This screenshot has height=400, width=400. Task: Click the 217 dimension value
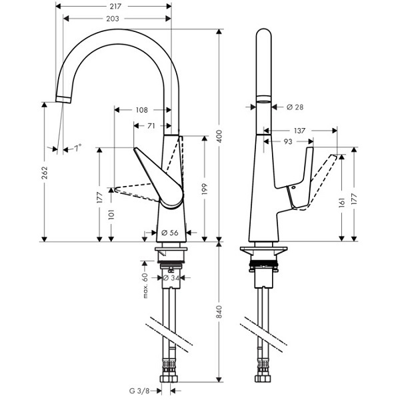(x=115, y=6)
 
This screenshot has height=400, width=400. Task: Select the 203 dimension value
(x=113, y=19)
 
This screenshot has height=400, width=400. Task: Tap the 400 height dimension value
(x=219, y=136)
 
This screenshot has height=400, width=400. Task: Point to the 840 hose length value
(x=219, y=311)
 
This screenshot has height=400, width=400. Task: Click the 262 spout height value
(x=45, y=173)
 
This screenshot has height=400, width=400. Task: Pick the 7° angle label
(x=77, y=148)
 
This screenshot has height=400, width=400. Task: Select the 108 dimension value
(x=141, y=110)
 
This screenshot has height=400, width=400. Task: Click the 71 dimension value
(x=151, y=126)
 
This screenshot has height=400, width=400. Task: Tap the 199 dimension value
(x=205, y=189)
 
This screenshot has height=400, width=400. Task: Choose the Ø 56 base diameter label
(x=170, y=233)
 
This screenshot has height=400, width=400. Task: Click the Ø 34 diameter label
(x=171, y=278)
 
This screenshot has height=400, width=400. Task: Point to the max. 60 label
(x=145, y=285)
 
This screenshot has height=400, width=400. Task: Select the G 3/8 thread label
(x=139, y=391)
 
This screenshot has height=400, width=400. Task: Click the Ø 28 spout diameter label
(x=295, y=107)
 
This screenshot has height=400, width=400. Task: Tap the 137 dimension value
(x=299, y=131)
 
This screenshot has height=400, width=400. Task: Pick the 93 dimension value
(x=288, y=141)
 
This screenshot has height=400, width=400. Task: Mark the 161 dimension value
(x=342, y=202)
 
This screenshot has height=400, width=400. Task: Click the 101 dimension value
(x=111, y=215)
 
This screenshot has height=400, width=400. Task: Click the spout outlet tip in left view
(x=63, y=100)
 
